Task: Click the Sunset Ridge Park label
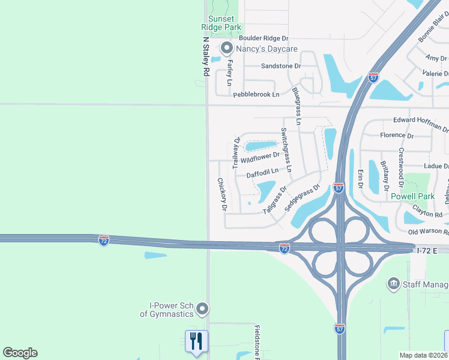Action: [221, 23]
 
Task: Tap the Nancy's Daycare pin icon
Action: [226, 47]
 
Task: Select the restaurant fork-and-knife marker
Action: [196, 341]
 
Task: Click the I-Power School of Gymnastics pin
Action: [202, 309]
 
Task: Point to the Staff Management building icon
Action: [394, 283]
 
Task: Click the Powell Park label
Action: [412, 196]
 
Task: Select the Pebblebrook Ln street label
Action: [256, 94]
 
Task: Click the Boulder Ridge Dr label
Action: [264, 38]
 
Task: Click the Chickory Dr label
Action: [221, 194]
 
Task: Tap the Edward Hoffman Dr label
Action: [420, 124]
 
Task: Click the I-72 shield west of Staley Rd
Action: [104, 240]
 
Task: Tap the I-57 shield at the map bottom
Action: [340, 328]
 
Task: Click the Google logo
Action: [20, 353]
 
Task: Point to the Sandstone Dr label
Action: [280, 66]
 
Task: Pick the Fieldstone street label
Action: [256, 339]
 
